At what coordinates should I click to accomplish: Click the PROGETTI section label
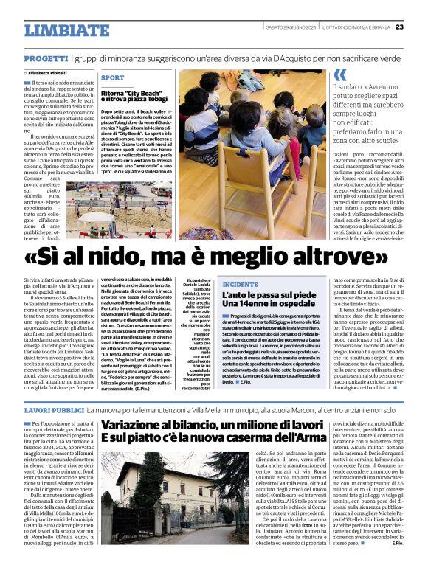pyautogui.click(x=46, y=58)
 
